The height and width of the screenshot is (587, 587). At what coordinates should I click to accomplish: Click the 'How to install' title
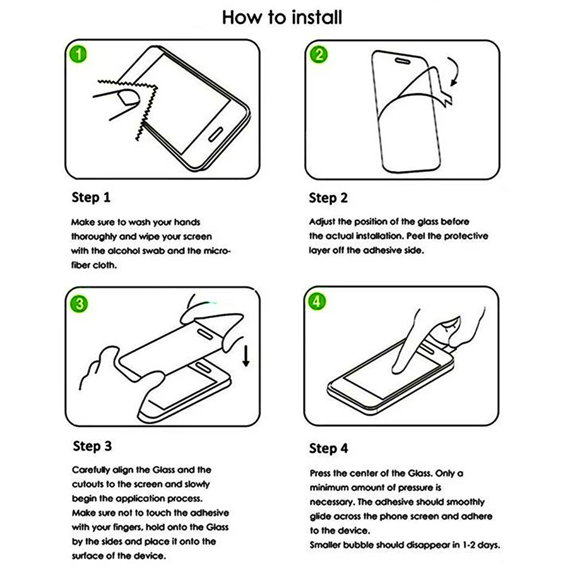click(282, 17)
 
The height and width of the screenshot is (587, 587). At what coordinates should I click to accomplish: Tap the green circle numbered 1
click(78, 54)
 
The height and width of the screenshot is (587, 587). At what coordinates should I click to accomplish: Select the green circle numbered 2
click(319, 54)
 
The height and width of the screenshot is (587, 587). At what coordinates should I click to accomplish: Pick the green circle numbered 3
click(79, 304)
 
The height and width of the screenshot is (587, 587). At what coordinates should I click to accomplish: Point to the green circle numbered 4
click(317, 301)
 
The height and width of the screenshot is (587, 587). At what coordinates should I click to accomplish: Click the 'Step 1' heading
click(91, 198)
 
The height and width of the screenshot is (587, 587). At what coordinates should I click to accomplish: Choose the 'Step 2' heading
click(328, 198)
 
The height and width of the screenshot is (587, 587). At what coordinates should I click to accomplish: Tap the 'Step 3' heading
click(92, 446)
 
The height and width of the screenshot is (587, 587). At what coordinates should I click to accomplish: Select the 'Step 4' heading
click(328, 448)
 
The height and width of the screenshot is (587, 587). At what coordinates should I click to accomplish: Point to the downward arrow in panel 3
click(246, 355)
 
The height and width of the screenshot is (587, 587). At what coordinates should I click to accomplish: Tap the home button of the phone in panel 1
click(216, 134)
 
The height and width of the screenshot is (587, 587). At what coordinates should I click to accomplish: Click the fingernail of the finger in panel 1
click(128, 97)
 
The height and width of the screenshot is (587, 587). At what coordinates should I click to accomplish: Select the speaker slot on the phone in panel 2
click(403, 61)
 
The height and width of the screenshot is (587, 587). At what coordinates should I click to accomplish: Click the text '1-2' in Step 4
click(470, 545)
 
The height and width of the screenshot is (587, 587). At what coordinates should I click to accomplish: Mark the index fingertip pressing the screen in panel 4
click(398, 369)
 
